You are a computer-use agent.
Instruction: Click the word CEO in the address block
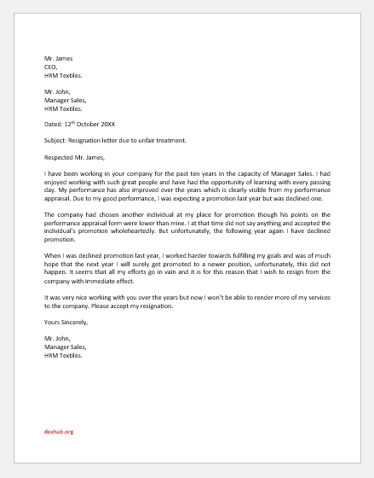pyautogui.click(x=49, y=64)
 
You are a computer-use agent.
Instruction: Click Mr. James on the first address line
pyautogui.click(x=58, y=56)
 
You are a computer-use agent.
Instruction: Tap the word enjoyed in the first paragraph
pyautogui.click(x=59, y=183)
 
